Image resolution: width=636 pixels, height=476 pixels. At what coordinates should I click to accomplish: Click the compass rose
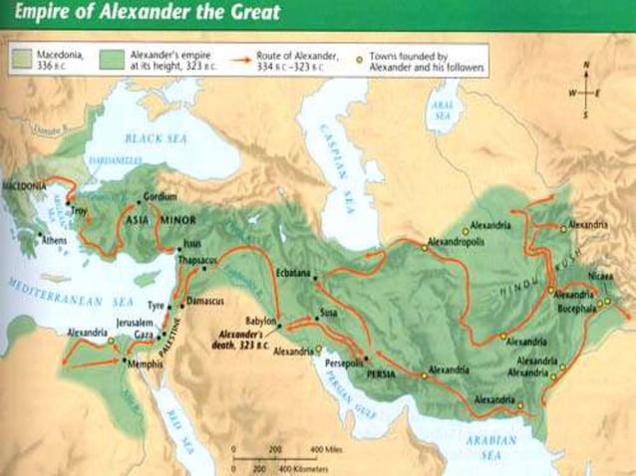pos(586,92)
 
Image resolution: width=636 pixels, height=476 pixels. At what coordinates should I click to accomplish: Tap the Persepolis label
pos(348,365)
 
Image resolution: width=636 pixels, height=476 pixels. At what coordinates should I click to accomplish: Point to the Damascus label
pos(206,300)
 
